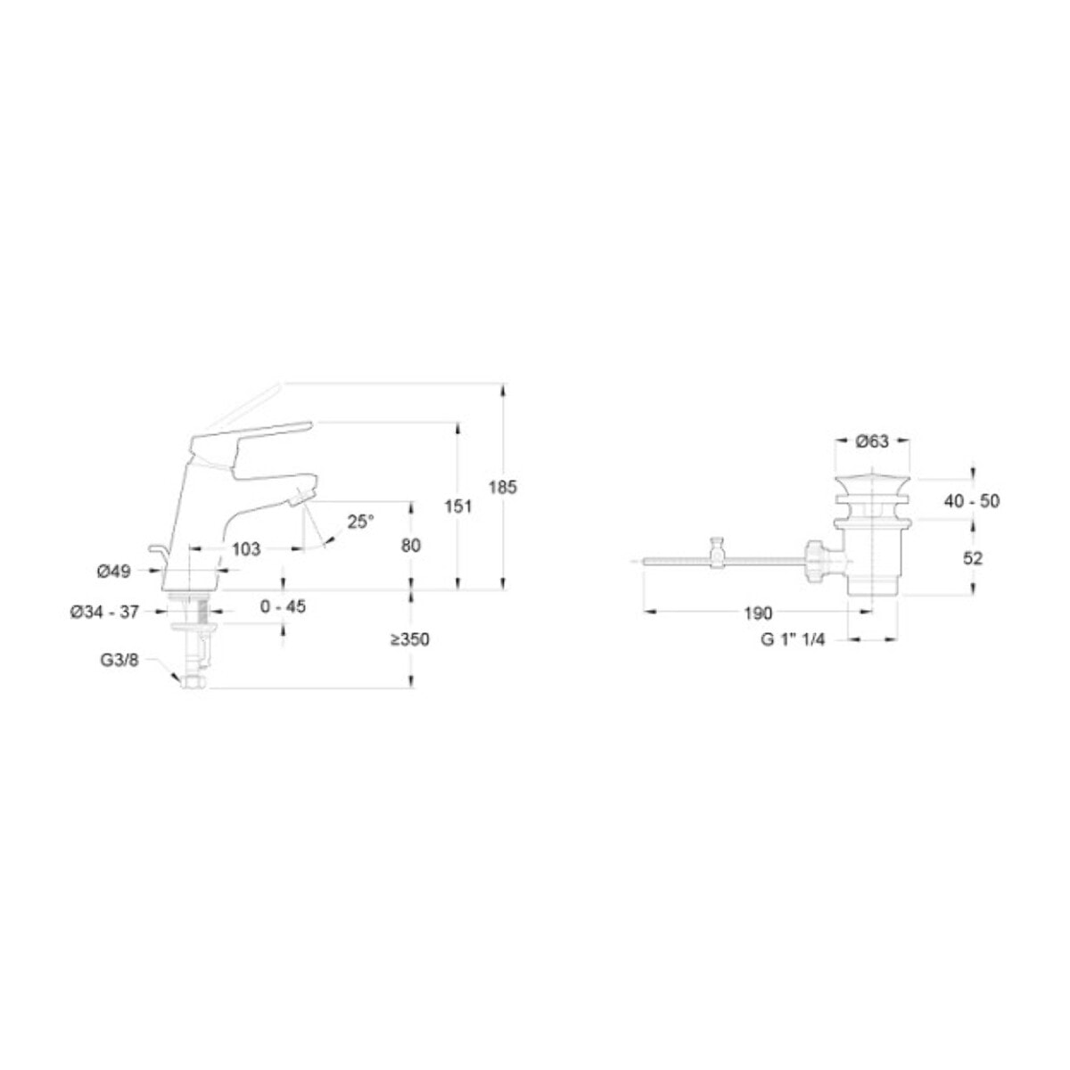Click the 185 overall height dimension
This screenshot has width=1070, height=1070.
pos(503,487)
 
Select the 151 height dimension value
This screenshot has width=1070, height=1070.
pos(458,506)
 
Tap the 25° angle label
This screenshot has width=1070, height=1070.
pos(360,522)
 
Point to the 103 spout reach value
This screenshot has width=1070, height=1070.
pos(246,549)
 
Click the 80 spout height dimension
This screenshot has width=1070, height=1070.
pos(410,546)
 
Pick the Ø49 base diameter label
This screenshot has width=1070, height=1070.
pos(113,571)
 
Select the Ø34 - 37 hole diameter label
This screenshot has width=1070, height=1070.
pos(104,613)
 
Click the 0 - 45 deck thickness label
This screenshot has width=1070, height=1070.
pos(283,606)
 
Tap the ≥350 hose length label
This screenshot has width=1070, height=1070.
pos(410,639)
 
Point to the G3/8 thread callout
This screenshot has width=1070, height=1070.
pos(119,660)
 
